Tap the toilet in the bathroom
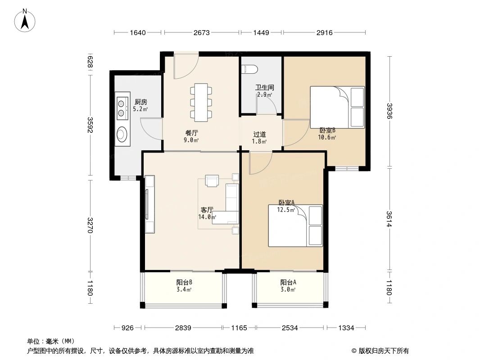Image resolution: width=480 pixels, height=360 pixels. click(x=249, y=69)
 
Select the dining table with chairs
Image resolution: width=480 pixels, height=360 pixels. click(x=201, y=102)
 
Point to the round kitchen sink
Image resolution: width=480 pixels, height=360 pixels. click(x=122, y=134)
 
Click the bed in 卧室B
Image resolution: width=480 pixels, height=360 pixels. click(x=337, y=107)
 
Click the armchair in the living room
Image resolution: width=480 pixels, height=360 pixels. click(x=211, y=180)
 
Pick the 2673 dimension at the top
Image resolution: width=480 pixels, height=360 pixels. click(x=201, y=32)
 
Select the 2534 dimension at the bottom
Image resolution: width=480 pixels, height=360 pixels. click(x=290, y=328)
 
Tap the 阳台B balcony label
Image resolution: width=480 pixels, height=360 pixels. click(x=184, y=283)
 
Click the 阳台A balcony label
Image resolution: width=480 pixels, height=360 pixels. click(x=288, y=283)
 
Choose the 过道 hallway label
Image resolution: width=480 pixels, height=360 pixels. click(x=259, y=134)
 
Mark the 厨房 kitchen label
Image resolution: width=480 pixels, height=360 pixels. click(x=141, y=102)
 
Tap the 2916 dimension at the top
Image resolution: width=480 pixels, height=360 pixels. click(x=324, y=32)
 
